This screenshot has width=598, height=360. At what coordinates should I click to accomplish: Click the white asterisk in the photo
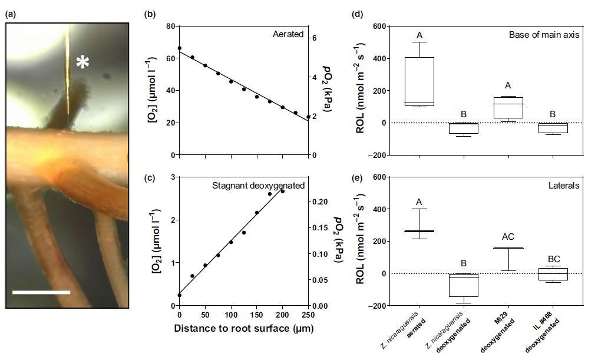82,62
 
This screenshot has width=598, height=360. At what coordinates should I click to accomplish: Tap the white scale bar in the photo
41,292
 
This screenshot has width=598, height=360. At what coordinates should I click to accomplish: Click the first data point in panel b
179,48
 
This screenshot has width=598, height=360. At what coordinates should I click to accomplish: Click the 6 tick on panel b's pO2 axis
315,38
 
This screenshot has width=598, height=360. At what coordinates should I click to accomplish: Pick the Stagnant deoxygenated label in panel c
258,186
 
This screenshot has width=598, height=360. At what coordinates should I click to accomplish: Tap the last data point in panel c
282,191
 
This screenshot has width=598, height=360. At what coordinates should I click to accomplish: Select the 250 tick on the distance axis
308,315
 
